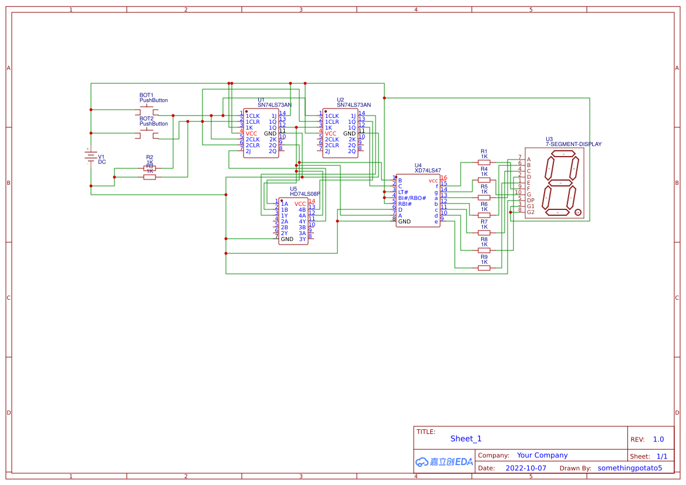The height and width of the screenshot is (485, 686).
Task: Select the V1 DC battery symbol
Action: (x=91, y=157)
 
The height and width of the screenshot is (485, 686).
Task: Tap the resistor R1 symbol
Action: (x=484, y=162)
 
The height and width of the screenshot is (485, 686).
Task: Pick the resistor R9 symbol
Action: (x=484, y=268)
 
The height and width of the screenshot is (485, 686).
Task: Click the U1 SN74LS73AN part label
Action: (x=274, y=105)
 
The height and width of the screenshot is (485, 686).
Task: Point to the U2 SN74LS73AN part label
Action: (x=353, y=105)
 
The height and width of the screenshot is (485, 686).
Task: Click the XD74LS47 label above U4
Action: (x=428, y=171)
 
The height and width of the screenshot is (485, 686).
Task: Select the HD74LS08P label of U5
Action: (x=305, y=194)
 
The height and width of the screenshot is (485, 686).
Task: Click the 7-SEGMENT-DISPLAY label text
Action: (x=573, y=144)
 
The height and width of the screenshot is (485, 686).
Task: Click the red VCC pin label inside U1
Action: (x=251, y=134)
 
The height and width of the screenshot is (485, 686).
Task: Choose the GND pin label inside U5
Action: (x=287, y=239)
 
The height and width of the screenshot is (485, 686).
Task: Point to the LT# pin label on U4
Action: (x=403, y=192)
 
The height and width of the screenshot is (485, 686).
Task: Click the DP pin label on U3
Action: (x=530, y=200)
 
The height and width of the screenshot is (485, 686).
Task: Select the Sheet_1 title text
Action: (x=466, y=439)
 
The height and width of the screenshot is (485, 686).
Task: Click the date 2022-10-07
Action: (x=525, y=468)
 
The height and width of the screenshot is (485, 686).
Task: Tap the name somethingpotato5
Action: (x=630, y=468)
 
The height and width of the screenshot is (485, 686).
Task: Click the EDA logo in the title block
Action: (x=444, y=462)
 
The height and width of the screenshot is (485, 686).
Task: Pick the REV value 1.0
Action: (x=658, y=439)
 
